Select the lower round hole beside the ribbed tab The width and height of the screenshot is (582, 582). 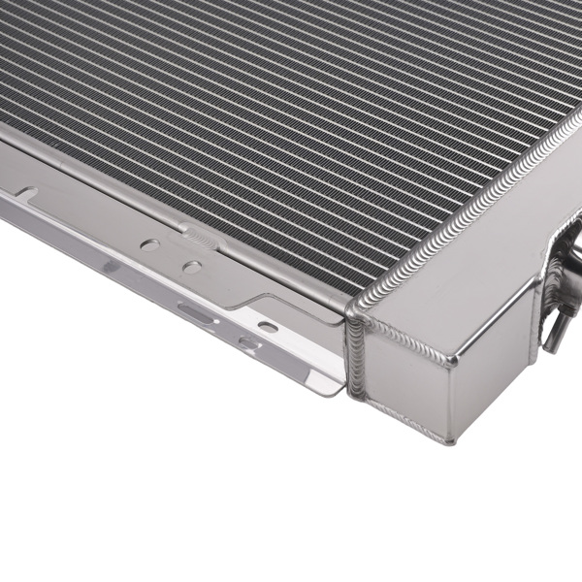[x=192, y=267]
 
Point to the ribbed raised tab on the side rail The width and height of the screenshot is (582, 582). [x=195, y=235]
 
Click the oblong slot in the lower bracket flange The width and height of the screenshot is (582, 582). [x=191, y=310]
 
